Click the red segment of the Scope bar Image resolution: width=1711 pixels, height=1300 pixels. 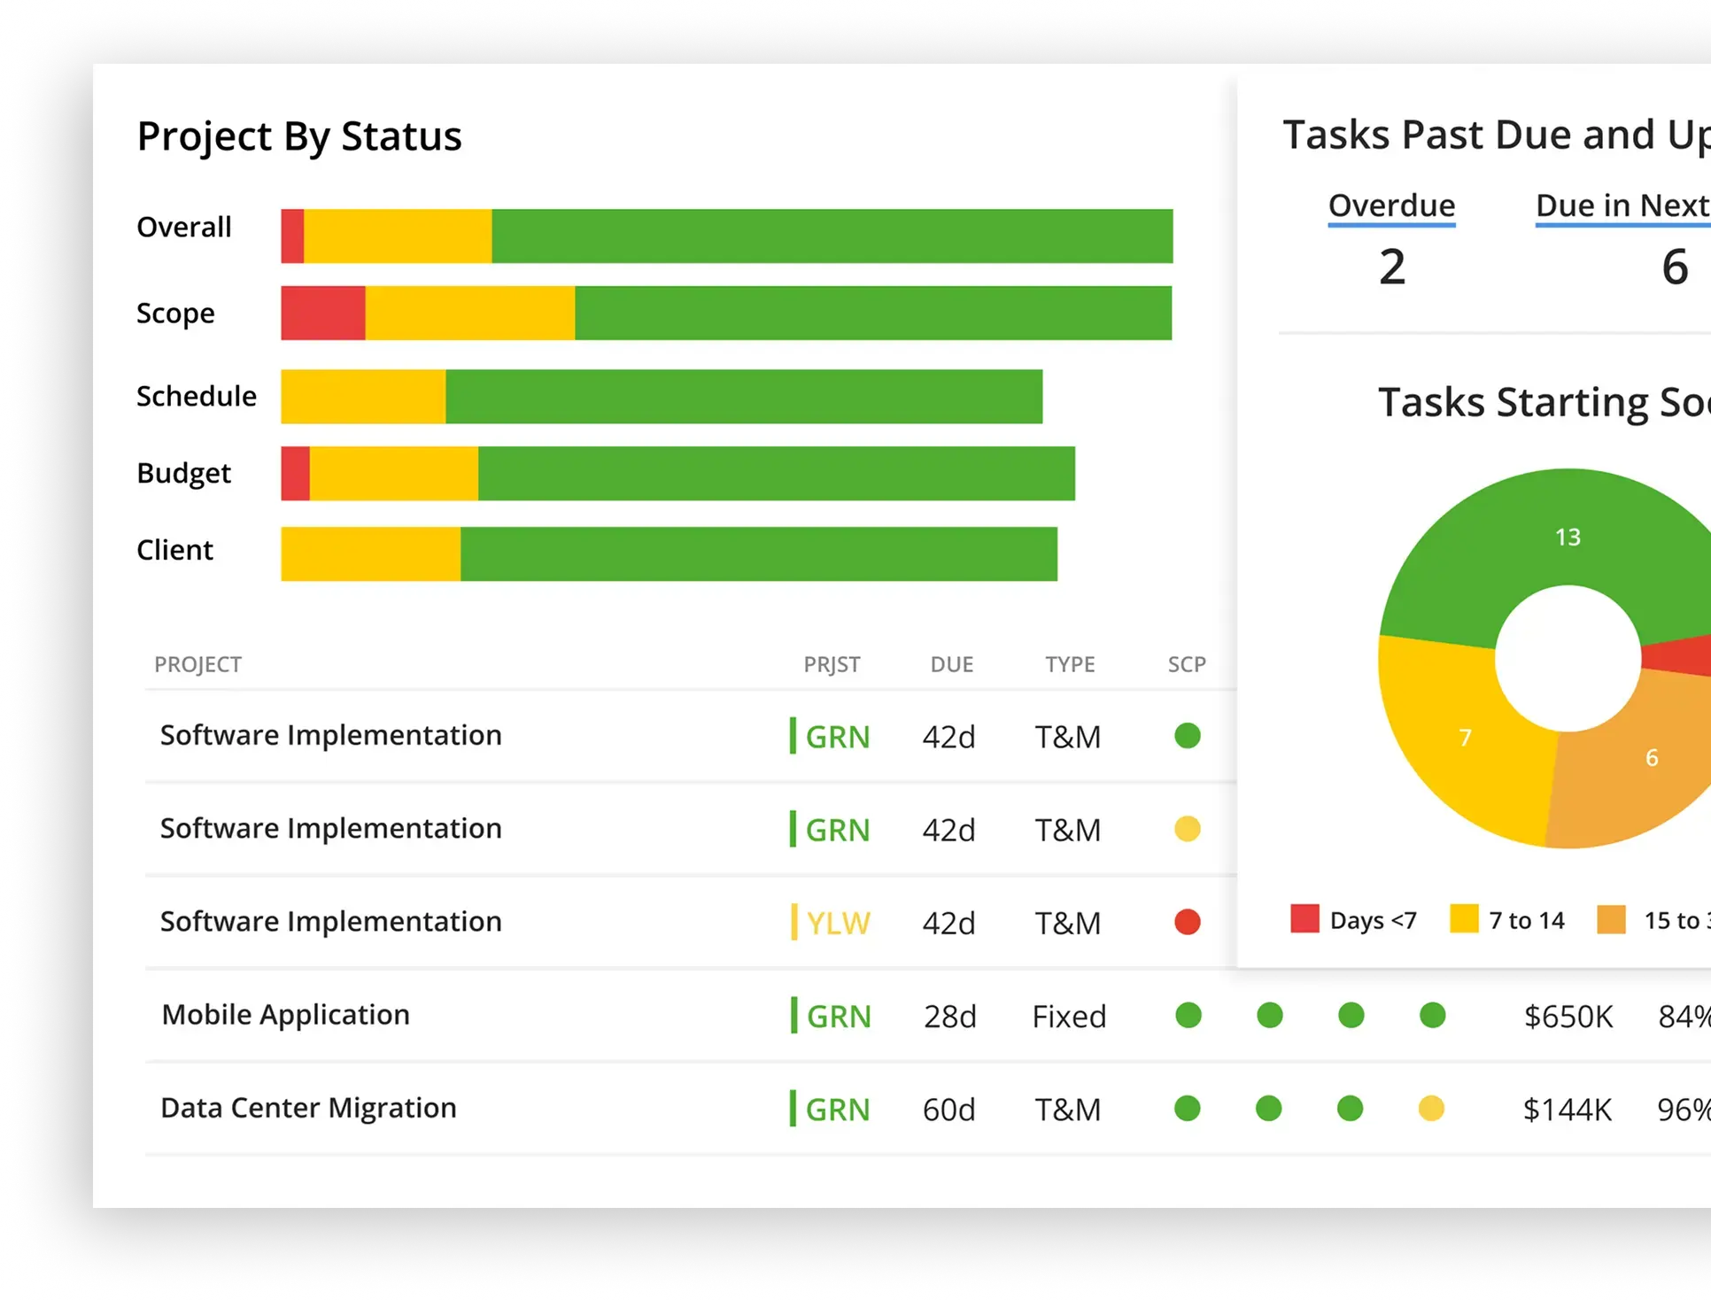(x=322, y=313)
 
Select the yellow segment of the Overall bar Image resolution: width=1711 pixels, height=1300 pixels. (x=397, y=236)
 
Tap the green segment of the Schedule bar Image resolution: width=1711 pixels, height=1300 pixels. (x=743, y=396)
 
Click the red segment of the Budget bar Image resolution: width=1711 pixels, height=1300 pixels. (x=295, y=473)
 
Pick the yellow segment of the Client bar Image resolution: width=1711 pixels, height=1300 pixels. (x=370, y=553)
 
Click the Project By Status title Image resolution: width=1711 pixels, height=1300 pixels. (x=299, y=136)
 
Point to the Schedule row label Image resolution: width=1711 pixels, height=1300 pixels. (x=196, y=396)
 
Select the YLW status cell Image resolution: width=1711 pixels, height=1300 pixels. (x=837, y=923)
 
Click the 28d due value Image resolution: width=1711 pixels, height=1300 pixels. (x=949, y=1016)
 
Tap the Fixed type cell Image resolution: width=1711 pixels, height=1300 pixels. (x=1069, y=1016)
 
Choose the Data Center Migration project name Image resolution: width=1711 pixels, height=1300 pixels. (x=308, y=1108)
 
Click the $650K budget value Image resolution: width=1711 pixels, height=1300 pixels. (x=1568, y=1016)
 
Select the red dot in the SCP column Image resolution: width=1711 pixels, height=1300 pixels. (x=1187, y=922)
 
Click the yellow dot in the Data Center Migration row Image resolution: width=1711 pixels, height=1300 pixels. (x=1431, y=1108)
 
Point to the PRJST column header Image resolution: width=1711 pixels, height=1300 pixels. (x=832, y=664)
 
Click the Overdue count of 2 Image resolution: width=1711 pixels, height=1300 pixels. (x=1391, y=267)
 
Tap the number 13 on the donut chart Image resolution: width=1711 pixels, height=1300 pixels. (x=1568, y=537)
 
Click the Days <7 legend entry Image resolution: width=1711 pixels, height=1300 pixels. (x=1355, y=920)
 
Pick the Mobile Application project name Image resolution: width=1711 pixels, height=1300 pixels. (x=285, y=1015)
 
